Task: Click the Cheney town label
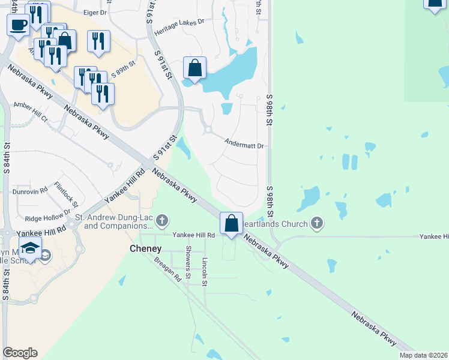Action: click(146, 248)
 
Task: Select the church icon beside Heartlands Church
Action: click(317, 224)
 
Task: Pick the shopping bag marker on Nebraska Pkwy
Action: click(231, 224)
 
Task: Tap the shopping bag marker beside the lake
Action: click(194, 68)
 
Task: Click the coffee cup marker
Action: click(18, 25)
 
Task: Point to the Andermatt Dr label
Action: click(244, 145)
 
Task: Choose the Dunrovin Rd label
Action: click(30, 191)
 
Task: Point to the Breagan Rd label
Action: click(167, 269)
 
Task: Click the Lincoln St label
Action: click(205, 264)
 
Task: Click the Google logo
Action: click(20, 353)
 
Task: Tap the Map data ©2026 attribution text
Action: click(424, 355)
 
